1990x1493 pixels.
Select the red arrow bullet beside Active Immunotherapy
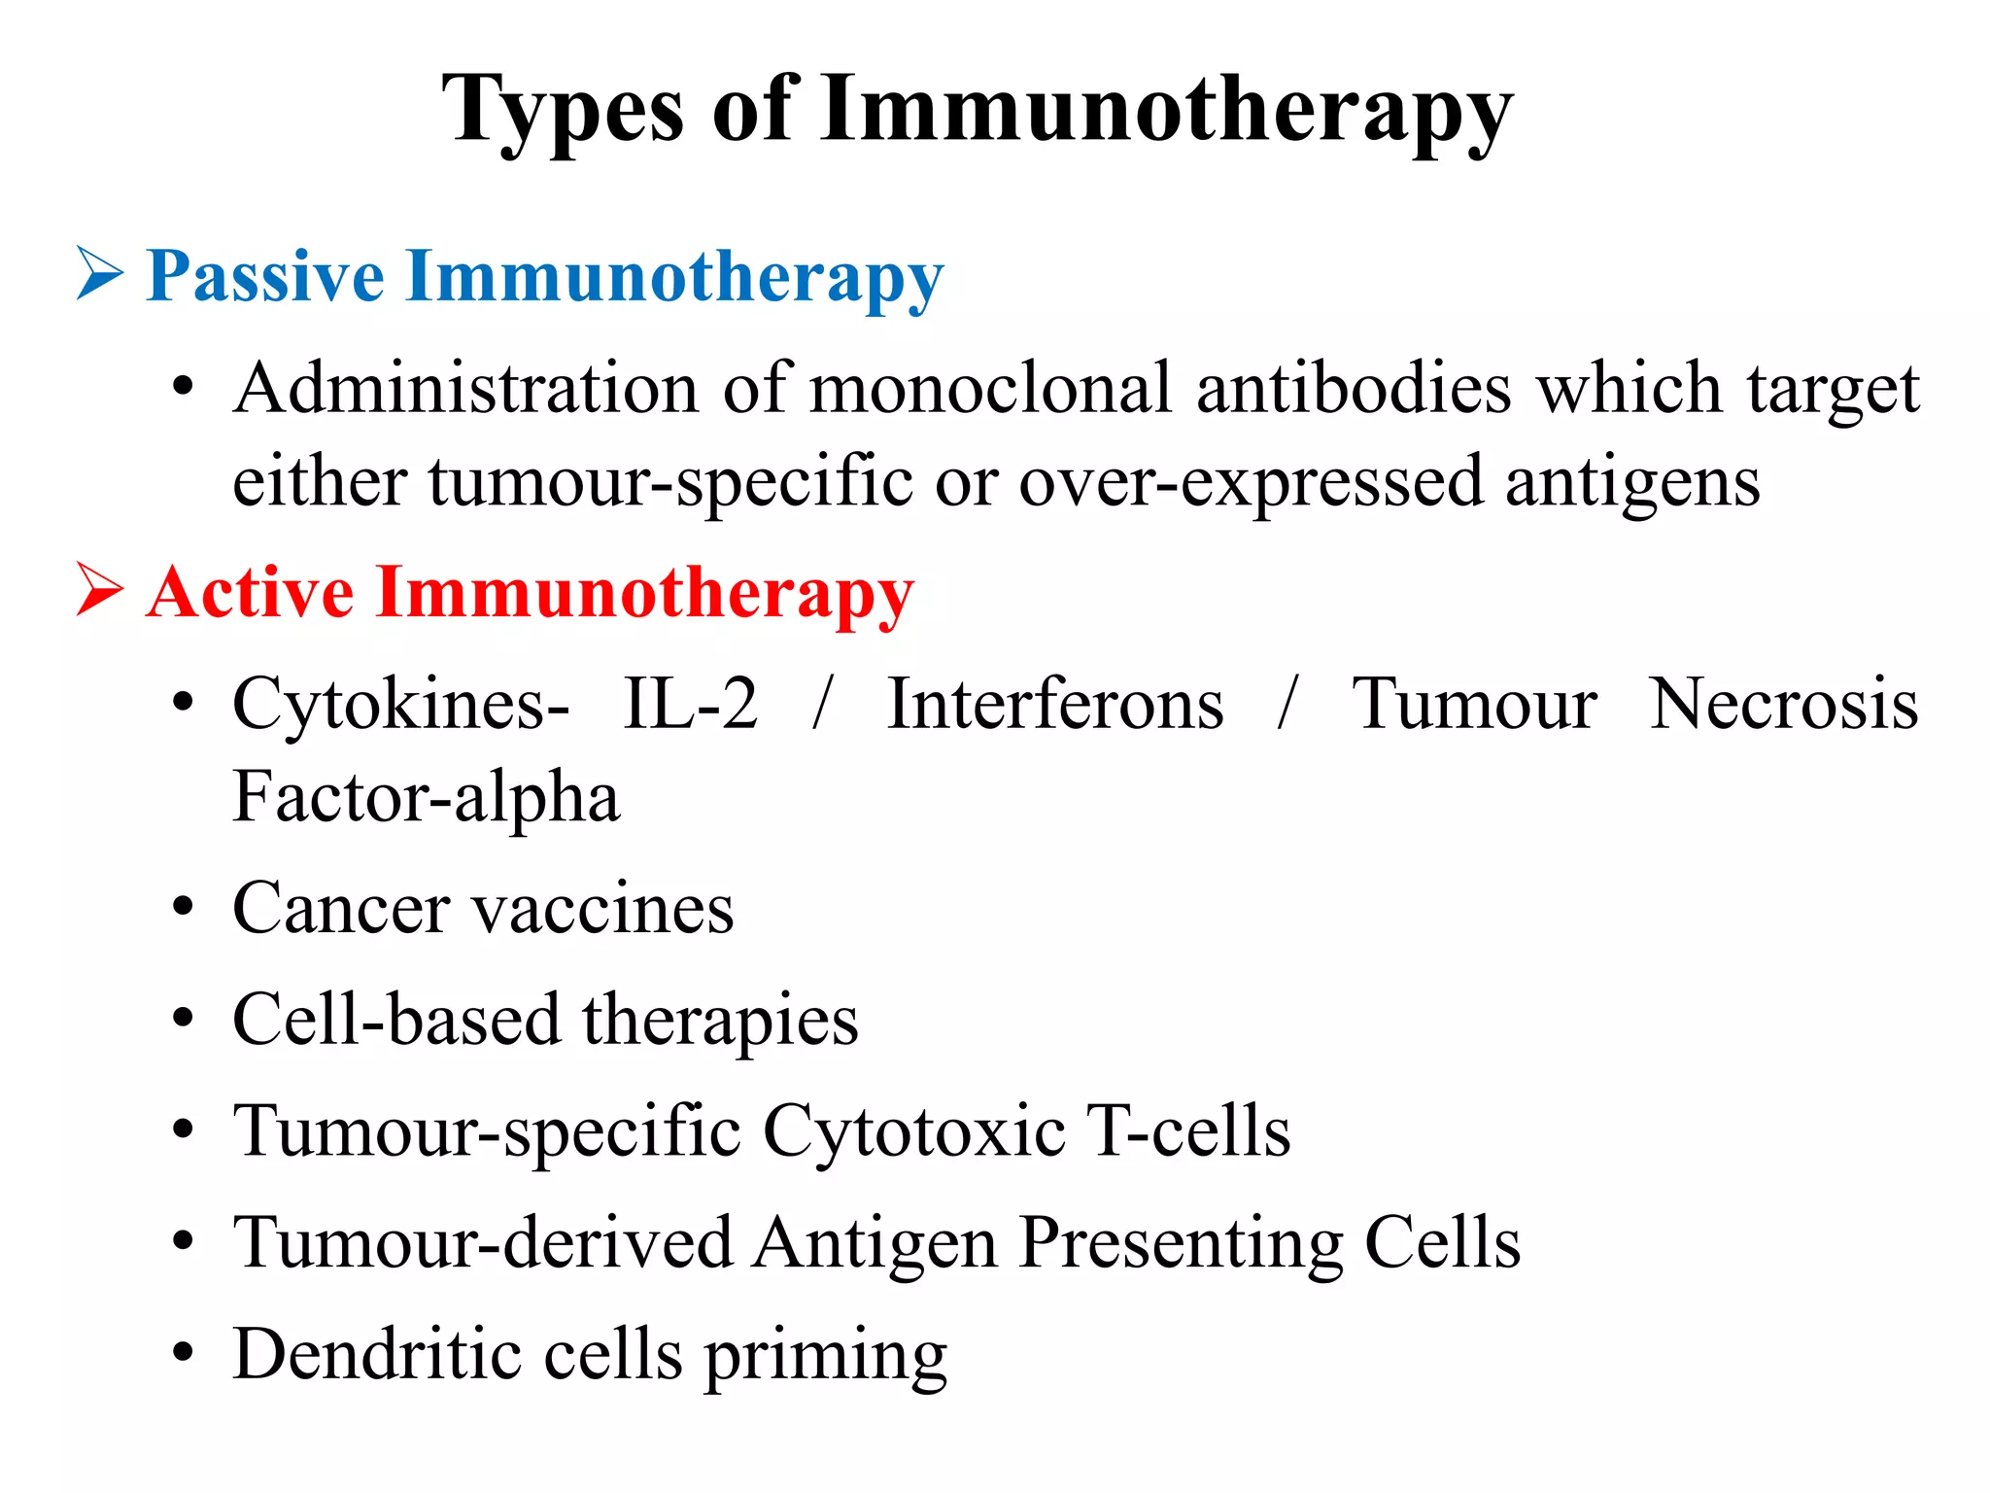pyautogui.click(x=100, y=589)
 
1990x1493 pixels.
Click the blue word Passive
pyautogui.click(x=264, y=277)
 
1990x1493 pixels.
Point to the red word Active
pyautogui.click(x=250, y=592)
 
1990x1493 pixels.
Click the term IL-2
pyautogui.click(x=690, y=704)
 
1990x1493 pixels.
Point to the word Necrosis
pyautogui.click(x=1784, y=704)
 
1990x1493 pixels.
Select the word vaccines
pyautogui.click(x=602, y=910)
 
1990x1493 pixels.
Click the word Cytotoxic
pyautogui.click(x=914, y=1132)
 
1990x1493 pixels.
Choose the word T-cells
pyautogui.click(x=1188, y=1132)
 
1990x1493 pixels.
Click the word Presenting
pyautogui.click(x=1181, y=1244)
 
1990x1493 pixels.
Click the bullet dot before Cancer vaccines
pyautogui.click(x=183, y=908)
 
